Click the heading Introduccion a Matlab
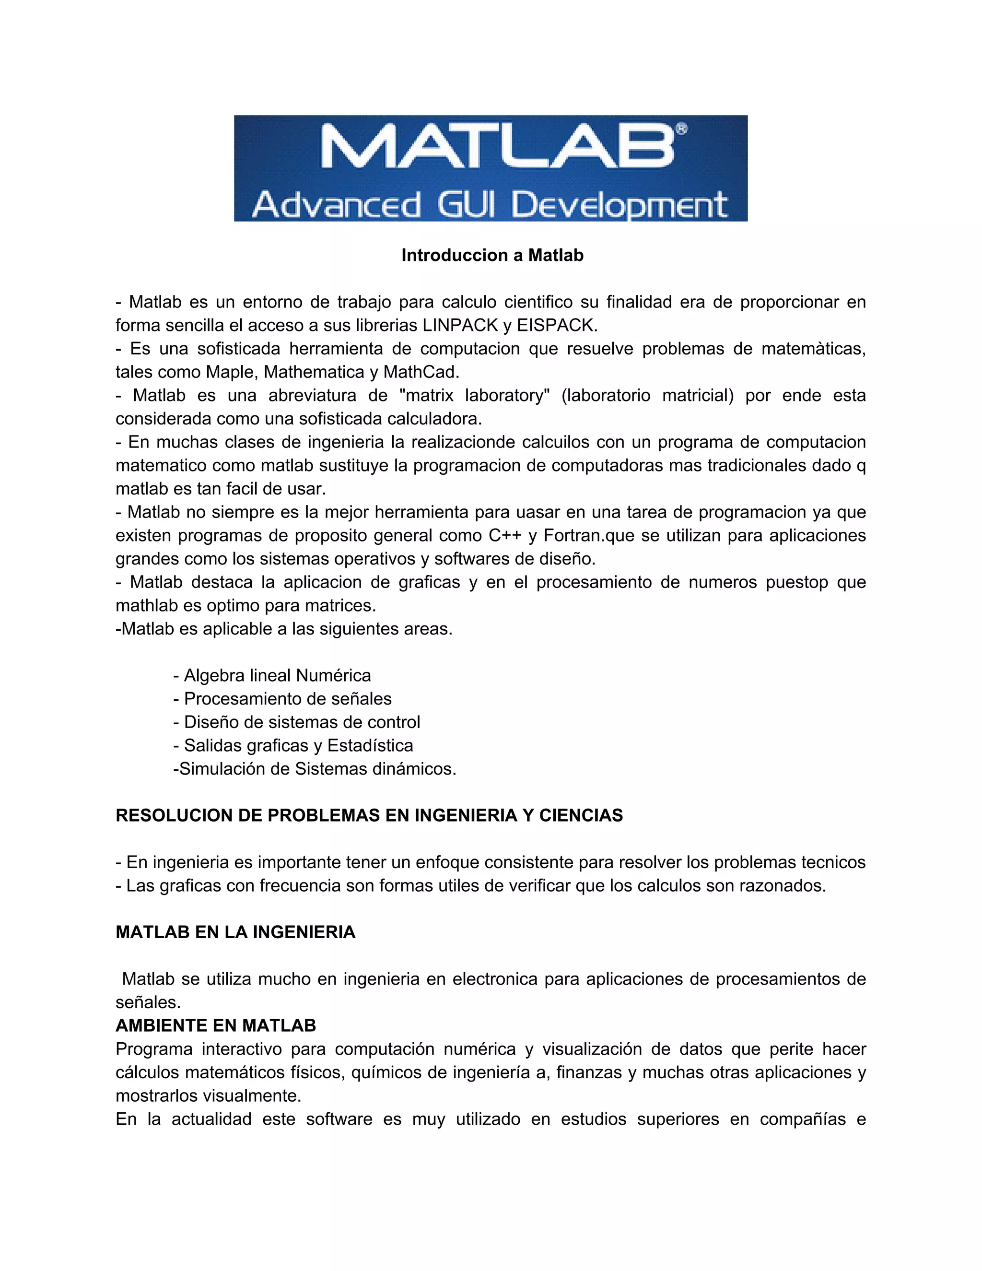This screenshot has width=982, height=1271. click(492, 256)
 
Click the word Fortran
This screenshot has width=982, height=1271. click(573, 535)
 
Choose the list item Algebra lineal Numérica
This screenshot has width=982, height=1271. click(272, 676)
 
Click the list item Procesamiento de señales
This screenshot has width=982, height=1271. click(283, 699)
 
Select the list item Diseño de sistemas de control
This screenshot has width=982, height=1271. click(297, 722)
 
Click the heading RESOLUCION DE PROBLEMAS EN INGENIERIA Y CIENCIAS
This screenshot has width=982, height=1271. click(369, 816)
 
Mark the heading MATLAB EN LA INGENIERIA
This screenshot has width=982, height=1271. click(235, 932)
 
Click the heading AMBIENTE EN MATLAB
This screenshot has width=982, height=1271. click(216, 1025)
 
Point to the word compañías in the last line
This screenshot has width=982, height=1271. click(803, 1119)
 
